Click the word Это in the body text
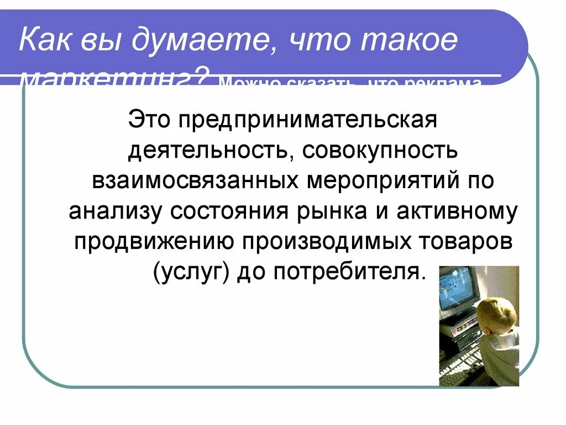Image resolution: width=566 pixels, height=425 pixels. [x=149, y=120]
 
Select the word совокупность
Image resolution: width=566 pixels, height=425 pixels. [x=380, y=151]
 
